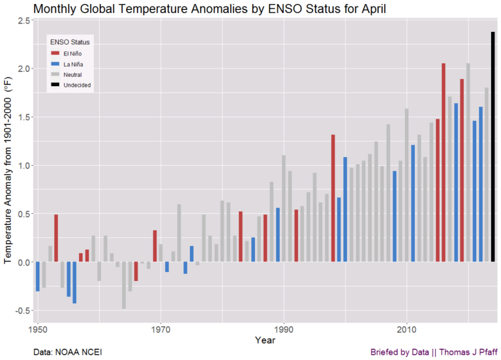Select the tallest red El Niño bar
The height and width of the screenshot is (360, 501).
pos(444,162)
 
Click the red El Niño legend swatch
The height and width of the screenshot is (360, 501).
pos(55,53)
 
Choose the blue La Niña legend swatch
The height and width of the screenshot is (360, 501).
pos(55,64)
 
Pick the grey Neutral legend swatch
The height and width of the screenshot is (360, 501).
pos(55,75)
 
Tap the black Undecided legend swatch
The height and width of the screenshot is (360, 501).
pos(55,85)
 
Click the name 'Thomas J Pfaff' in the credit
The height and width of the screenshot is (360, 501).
pos(468,352)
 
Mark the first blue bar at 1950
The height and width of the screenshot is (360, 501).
pos(38,277)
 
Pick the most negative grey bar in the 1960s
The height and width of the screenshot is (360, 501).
pos(124,285)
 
